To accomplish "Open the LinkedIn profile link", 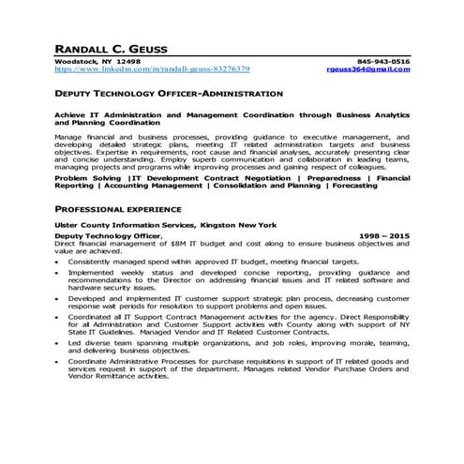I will click(x=152, y=69).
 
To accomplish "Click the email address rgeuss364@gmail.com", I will click(x=368, y=69).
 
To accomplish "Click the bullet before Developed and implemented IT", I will click(x=58, y=299).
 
